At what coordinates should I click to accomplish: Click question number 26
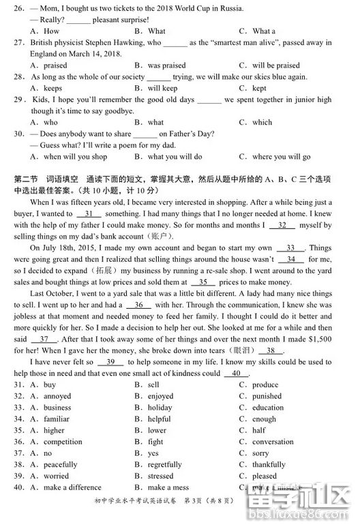point(19,8)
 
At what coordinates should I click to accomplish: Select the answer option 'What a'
point(264,31)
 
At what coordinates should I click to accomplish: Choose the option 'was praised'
point(166,65)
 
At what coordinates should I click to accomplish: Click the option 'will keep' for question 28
point(162,88)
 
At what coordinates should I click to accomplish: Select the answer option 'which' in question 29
point(262,123)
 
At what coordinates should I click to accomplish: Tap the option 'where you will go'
point(281,157)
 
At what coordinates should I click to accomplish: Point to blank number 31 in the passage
point(89,213)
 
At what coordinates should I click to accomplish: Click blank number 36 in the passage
point(138,305)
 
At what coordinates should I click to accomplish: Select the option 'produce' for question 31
point(265,385)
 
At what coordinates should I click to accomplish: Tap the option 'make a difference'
point(72,487)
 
